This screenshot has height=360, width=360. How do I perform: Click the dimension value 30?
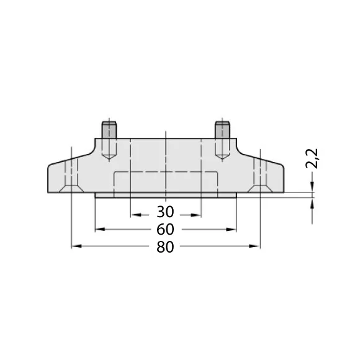pyautogui.click(x=165, y=212)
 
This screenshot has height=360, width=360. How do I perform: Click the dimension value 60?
pyautogui.click(x=165, y=230)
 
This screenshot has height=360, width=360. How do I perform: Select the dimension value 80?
pyautogui.click(x=165, y=247)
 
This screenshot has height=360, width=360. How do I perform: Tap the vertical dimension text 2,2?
pyautogui.click(x=312, y=159)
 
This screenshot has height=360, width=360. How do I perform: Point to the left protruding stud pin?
pyautogui.click(x=109, y=130)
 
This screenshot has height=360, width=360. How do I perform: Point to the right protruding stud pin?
pyautogui.click(x=222, y=130)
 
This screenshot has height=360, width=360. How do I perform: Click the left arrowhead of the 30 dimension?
pyautogui.click(x=135, y=215)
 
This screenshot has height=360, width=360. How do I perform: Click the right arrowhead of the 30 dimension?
pyautogui.click(x=196, y=215)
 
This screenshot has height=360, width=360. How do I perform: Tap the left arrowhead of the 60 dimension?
pyautogui.click(x=100, y=230)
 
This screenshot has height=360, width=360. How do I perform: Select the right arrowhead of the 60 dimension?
pyautogui.click(x=231, y=230)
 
